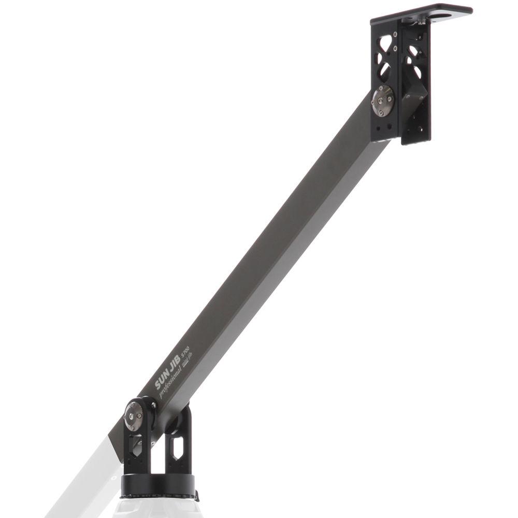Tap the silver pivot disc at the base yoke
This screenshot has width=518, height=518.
(134, 416)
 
